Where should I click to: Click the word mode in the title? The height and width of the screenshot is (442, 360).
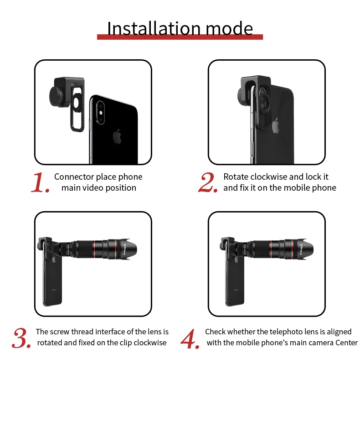pos(229,28)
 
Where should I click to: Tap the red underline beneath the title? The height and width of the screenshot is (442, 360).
pos(180,37)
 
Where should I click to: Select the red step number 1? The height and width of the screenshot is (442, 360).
pos(40,182)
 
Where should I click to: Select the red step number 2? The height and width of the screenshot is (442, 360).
pos(208,182)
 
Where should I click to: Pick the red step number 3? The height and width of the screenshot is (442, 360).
pos(21,338)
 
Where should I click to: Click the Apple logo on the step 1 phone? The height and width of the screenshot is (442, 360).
pos(117,136)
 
